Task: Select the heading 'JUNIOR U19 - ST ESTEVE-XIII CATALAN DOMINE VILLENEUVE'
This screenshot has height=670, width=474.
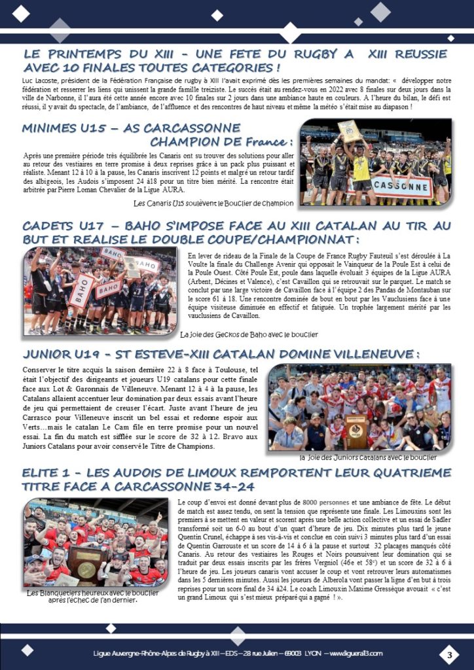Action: pyautogui.click(x=220, y=355)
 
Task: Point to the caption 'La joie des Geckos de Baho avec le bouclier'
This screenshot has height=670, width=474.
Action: pyautogui.click(x=249, y=334)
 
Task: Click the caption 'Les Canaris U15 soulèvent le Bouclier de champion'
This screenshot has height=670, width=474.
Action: pyautogui.click(x=213, y=203)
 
